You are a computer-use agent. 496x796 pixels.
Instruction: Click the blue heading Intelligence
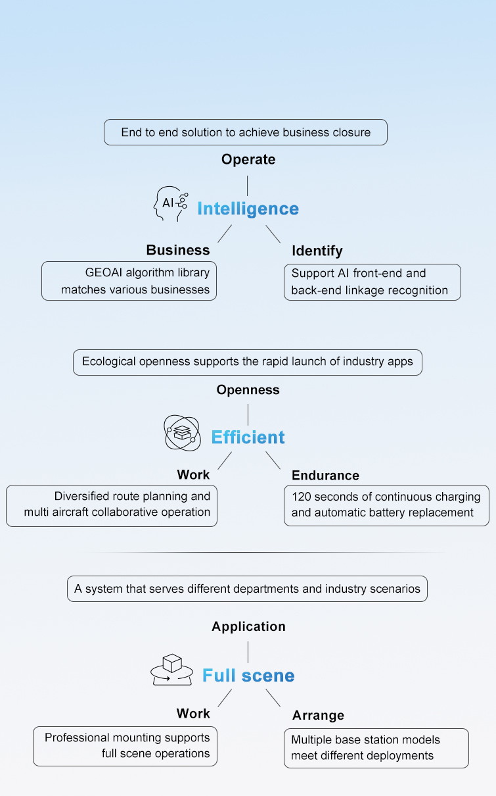[x=248, y=209]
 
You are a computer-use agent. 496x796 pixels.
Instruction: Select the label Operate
[x=248, y=159]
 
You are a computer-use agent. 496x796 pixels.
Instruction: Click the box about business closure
[x=246, y=132]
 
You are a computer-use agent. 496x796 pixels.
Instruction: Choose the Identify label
[x=317, y=251]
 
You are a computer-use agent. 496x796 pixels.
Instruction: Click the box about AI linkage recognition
[x=372, y=282]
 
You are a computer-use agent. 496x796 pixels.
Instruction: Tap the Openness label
[x=248, y=390]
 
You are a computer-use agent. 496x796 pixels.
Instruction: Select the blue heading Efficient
[x=248, y=437]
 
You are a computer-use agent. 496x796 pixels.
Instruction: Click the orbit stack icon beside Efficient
[x=182, y=432]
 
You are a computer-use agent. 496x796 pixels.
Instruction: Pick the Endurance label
[x=325, y=476]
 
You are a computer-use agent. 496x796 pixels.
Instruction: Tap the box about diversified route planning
[x=112, y=505]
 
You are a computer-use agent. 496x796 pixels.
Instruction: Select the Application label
[x=248, y=627]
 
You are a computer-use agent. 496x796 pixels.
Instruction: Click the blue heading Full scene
[x=248, y=676]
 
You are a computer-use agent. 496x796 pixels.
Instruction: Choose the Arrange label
[x=318, y=715]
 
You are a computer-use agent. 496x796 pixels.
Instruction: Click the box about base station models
[x=376, y=748]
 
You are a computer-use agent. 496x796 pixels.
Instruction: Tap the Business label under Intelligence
[x=178, y=250]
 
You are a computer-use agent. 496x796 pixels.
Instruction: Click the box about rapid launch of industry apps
[x=248, y=362]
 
